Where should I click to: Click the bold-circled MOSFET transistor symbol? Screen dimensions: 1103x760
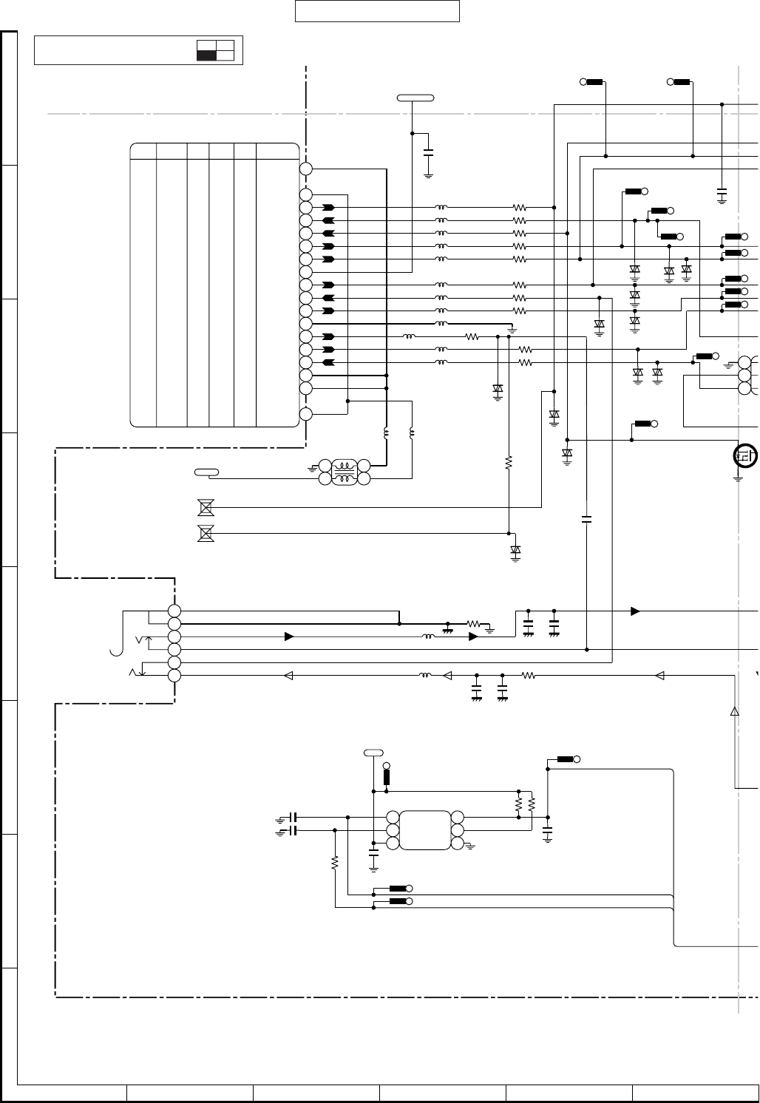pyautogui.click(x=744, y=456)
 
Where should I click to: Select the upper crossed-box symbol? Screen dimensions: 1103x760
pyautogui.click(x=206, y=507)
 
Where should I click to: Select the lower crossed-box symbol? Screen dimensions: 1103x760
pyautogui.click(x=206, y=533)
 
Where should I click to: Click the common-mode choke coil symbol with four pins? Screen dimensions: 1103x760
pyautogui.click(x=343, y=472)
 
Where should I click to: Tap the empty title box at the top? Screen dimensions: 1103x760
pyautogui.click(x=377, y=12)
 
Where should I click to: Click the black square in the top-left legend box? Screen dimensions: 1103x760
pyautogui.click(x=206, y=55)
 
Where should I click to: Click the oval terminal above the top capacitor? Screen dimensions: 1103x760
pyautogui.click(x=415, y=98)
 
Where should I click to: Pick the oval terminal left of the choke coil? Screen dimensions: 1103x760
pyautogui.click(x=206, y=471)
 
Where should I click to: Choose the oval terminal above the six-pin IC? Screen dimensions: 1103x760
pyautogui.click(x=373, y=753)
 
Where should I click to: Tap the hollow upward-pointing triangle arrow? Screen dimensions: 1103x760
pyautogui.click(x=734, y=710)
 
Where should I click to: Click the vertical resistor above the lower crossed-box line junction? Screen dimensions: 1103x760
pyautogui.click(x=509, y=463)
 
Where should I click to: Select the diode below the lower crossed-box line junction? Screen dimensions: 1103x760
pyautogui.click(x=516, y=550)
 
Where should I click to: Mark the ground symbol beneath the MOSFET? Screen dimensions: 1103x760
pyautogui.click(x=738, y=478)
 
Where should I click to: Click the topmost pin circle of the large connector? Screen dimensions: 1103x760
pyautogui.click(x=306, y=169)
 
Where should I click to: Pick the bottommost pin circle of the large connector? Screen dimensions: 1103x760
pyautogui.click(x=306, y=414)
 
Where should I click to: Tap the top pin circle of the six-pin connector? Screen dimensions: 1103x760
pyautogui.click(x=174, y=611)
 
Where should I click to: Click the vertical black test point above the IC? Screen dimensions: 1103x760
pyautogui.click(x=387, y=778)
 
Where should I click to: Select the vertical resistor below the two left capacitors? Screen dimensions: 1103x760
pyautogui.click(x=335, y=862)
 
